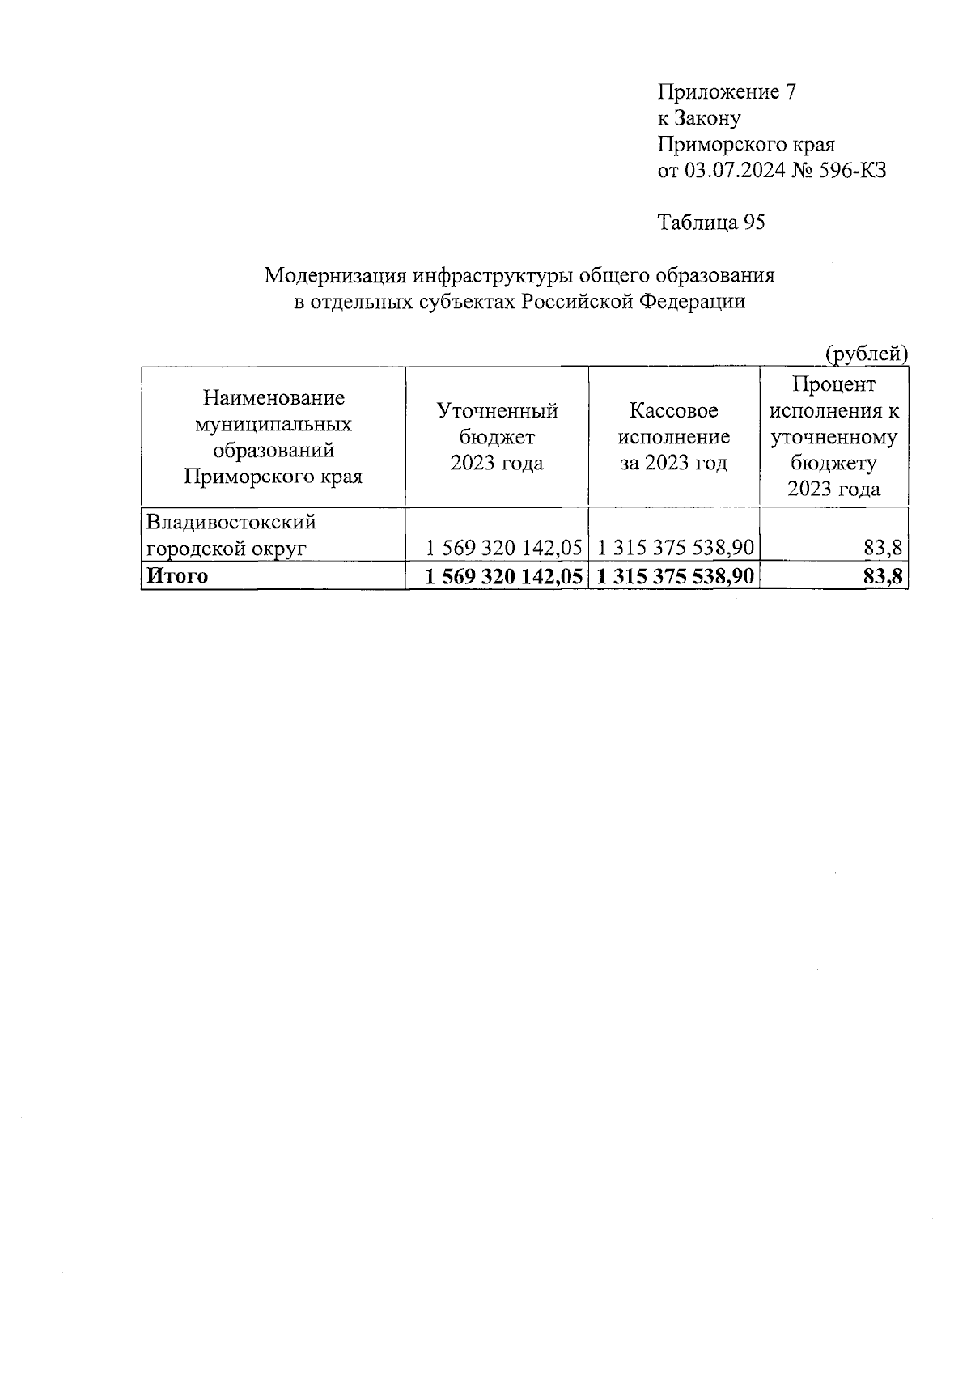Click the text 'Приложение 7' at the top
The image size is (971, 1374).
727,92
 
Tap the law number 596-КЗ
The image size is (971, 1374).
851,171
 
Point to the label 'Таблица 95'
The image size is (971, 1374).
711,223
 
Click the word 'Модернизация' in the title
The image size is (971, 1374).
335,276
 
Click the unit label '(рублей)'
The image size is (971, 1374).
866,354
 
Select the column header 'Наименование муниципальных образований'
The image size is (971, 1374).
273,437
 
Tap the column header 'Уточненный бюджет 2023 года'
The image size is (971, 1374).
497,437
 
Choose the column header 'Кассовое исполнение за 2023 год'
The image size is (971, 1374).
674,437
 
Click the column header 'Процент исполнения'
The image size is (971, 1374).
834,437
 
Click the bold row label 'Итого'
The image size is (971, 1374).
176,576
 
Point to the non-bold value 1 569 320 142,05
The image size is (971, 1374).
505,549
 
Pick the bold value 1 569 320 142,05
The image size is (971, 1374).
505,576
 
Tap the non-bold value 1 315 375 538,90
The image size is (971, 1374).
676,549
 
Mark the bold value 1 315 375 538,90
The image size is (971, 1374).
676,576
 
